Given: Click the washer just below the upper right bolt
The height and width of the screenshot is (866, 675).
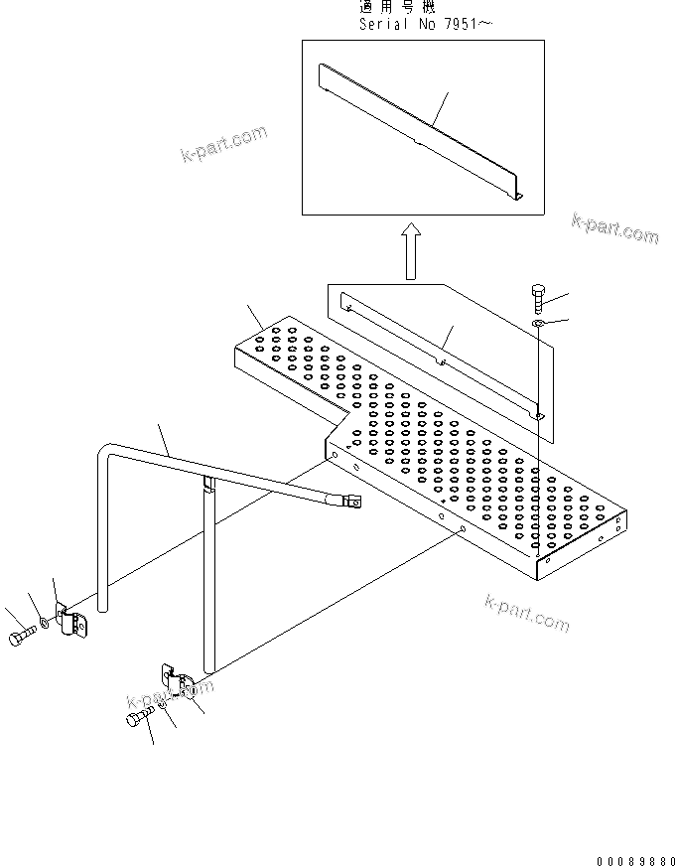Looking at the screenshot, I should point(536,324).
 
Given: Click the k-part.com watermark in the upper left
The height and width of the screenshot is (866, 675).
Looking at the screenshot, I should point(223,145).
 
